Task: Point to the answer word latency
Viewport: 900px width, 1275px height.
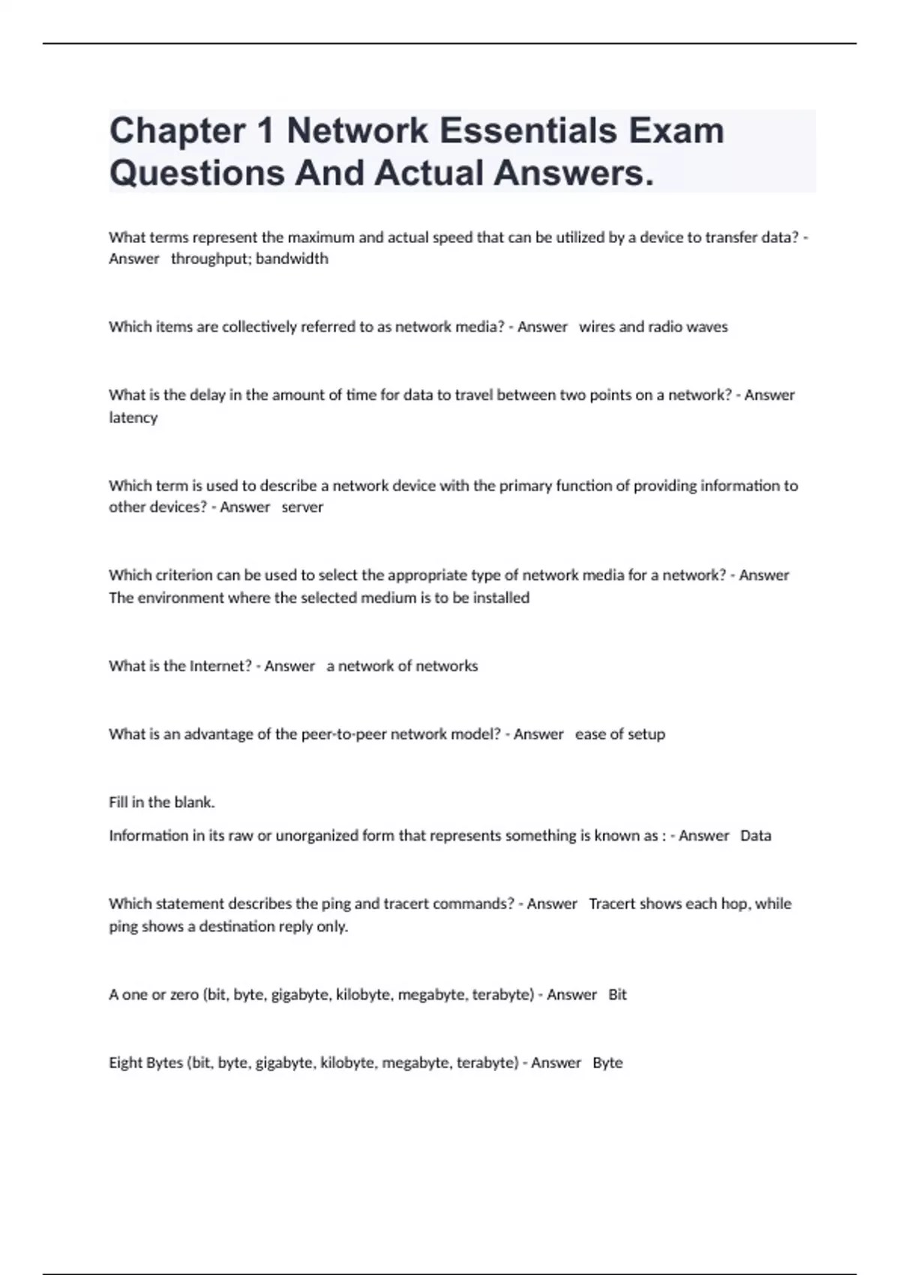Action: click(133, 418)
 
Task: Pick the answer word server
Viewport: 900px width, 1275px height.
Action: click(302, 507)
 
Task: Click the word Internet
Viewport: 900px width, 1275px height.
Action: click(220, 666)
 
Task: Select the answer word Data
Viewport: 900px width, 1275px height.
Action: click(755, 835)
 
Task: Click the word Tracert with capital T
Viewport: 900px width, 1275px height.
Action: click(612, 904)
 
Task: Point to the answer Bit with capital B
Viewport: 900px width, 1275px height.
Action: click(617, 994)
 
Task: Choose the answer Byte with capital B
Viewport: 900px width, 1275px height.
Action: click(607, 1063)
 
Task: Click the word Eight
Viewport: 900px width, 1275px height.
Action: click(125, 1063)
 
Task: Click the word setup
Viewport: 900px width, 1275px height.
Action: click(646, 734)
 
